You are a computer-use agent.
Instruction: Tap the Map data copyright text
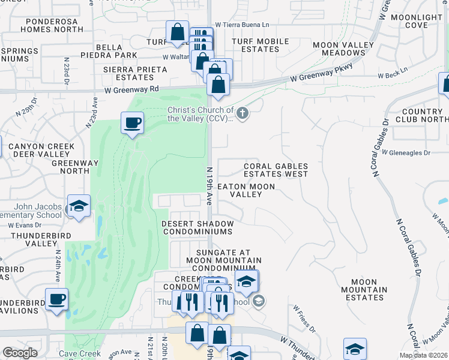coord(424,355)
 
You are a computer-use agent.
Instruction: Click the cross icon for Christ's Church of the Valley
coord(243,113)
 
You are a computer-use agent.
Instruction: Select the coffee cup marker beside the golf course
coord(132,124)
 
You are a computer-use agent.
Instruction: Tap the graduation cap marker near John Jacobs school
coord(78,206)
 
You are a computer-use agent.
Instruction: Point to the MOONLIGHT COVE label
coord(416,21)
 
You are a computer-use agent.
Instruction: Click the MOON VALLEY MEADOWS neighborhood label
coord(339,49)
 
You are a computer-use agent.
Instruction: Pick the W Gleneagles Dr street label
coord(406,153)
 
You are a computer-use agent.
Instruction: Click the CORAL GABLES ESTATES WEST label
coord(276,170)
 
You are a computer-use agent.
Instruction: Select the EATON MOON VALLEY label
coord(246,190)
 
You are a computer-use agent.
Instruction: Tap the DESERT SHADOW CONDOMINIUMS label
coord(197,227)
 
